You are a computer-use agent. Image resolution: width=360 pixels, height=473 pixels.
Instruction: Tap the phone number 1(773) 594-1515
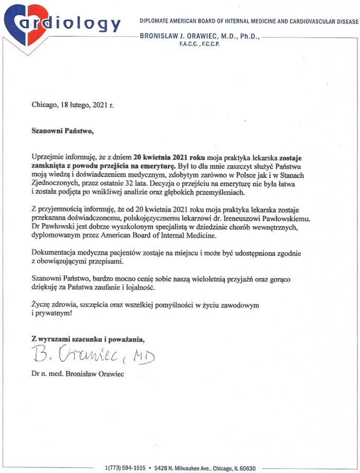coord(125,468)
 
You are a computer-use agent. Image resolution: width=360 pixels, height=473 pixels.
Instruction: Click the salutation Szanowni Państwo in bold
coord(63,131)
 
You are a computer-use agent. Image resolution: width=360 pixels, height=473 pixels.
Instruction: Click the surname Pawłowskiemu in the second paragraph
coord(285,219)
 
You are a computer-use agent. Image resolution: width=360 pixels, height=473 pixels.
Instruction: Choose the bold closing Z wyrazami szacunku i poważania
coord(88,338)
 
